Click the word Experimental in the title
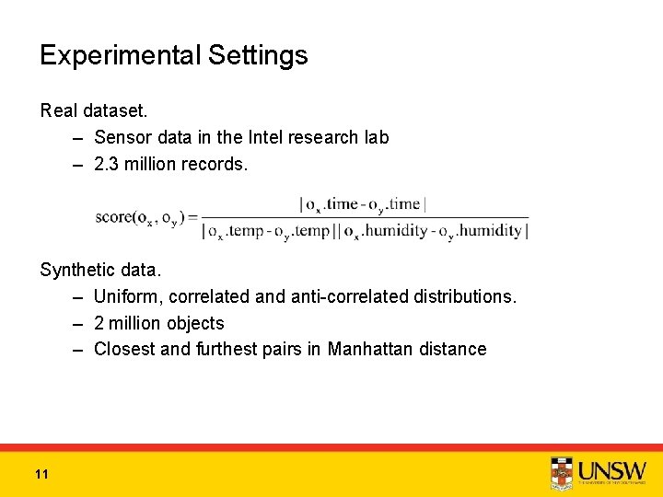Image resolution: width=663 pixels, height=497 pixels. click(x=120, y=56)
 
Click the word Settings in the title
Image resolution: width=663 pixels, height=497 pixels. click(x=258, y=56)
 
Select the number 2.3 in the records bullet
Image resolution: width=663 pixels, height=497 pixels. click(x=109, y=163)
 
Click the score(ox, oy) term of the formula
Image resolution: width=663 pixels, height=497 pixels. click(x=139, y=217)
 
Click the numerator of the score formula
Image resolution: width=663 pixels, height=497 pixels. click(x=363, y=204)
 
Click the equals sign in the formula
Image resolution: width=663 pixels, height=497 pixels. click(x=192, y=217)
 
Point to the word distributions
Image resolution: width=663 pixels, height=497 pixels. click(x=466, y=297)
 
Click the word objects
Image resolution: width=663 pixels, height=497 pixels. click(x=192, y=323)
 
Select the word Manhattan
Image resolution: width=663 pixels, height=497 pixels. click(x=368, y=349)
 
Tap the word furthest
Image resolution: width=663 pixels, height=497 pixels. click(x=227, y=349)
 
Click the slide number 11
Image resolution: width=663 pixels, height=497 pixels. click(x=41, y=474)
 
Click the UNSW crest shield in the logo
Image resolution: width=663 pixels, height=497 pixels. click(x=561, y=473)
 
